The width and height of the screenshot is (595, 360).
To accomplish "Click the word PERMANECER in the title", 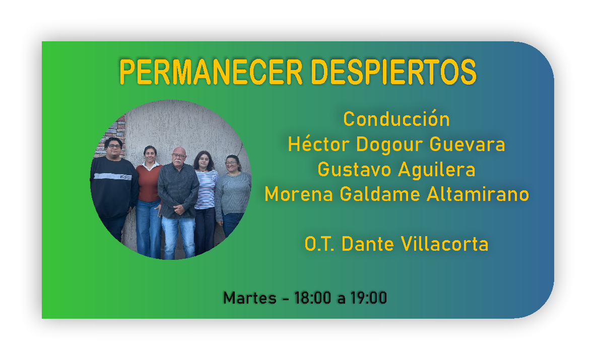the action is click(211, 71).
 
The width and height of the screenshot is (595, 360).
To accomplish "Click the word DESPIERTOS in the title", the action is click(393, 71).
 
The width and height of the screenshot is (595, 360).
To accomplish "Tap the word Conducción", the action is click(396, 119).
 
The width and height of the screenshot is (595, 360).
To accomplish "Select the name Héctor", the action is click(318, 144).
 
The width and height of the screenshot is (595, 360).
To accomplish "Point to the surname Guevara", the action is click(467, 145).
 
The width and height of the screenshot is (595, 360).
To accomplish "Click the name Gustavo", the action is click(354, 169).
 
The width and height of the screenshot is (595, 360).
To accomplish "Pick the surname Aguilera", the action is click(437, 170).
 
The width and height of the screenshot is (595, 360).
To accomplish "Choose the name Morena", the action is click(299, 194).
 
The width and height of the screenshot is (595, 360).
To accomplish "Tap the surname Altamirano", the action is click(478, 194).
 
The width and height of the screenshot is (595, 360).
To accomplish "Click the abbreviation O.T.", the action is click(319, 244).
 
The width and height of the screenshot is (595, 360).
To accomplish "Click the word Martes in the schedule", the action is click(250, 298).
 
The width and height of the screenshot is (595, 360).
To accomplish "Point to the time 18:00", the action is click(313, 298).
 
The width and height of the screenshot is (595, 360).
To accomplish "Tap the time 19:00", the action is click(368, 298).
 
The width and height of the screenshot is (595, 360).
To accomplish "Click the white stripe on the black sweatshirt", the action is click(113, 176).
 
